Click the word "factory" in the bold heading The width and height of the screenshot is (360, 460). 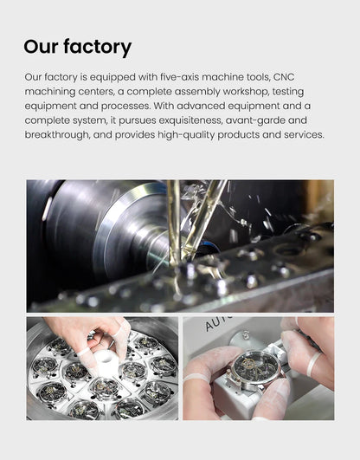point(97,47)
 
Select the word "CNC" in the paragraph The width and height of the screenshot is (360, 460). point(284,77)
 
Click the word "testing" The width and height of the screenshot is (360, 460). point(287,92)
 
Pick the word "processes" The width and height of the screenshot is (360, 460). point(125,106)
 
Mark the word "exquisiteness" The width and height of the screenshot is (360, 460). point(190,120)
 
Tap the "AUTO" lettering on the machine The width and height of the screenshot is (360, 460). point(219,323)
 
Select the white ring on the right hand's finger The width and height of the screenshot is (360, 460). point(313,364)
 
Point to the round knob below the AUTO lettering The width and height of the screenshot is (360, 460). point(245,336)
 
